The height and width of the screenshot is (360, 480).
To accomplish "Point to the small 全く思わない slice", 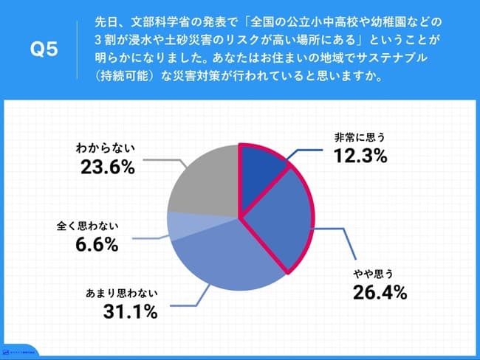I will [x=180, y=226].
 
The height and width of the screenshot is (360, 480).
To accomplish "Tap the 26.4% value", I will [x=380, y=293].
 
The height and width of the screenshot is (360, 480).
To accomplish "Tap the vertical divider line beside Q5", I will [x=76, y=51].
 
